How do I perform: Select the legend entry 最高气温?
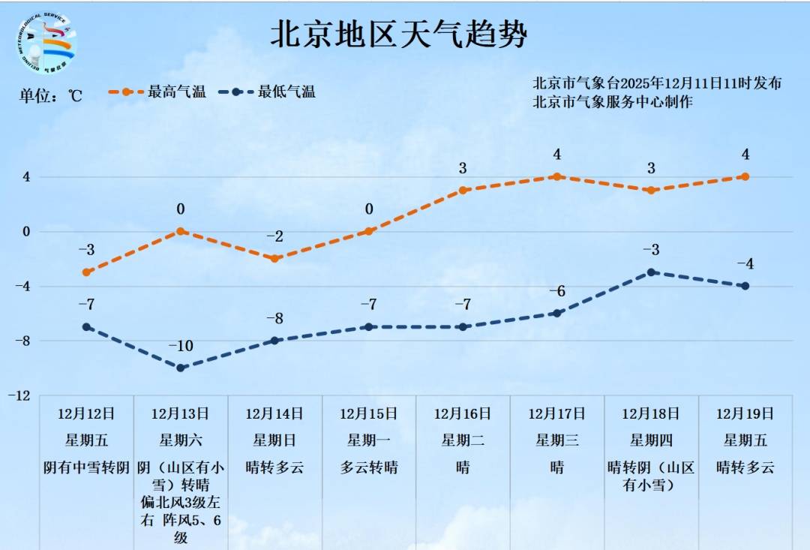[176, 92]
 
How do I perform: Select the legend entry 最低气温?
[286, 92]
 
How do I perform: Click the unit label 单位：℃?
[50, 96]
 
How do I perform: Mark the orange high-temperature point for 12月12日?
[87, 272]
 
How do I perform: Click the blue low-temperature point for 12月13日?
[181, 368]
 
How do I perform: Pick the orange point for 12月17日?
[556, 177]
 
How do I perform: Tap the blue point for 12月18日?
[651, 272]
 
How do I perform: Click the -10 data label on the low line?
[181, 346]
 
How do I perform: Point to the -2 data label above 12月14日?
[274, 237]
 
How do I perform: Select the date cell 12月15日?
[368, 413]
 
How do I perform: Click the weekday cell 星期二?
[463, 440]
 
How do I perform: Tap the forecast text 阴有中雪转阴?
[87, 467]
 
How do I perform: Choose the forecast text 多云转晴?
[368, 467]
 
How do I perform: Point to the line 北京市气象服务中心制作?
[612, 102]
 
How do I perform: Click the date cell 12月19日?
[745, 413]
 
